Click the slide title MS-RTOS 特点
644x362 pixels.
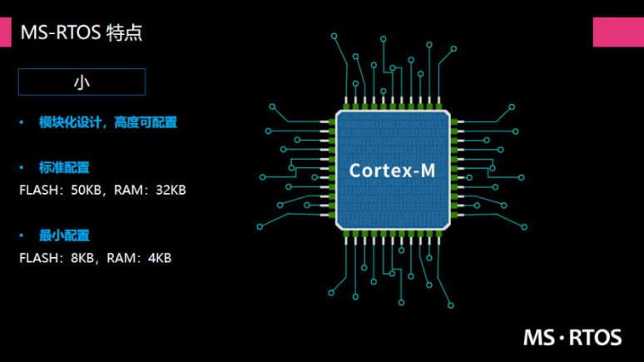point(82,32)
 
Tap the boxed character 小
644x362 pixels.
point(82,82)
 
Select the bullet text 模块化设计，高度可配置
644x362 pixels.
point(108,122)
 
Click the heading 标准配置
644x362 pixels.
point(64,167)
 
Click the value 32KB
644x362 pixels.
point(171,190)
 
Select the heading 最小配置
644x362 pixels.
point(64,236)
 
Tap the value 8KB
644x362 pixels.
point(83,258)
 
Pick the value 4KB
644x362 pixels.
point(159,258)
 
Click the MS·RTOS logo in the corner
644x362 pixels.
point(572,337)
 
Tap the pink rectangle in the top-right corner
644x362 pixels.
point(618,32)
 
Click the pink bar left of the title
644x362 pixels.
point(6,32)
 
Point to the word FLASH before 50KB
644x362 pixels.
point(37,190)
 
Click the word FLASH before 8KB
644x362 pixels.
point(37,258)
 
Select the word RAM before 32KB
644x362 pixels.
point(127,190)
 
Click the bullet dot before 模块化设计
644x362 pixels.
point(22,122)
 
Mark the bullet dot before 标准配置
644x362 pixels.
point(22,167)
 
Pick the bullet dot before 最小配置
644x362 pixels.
point(22,236)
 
